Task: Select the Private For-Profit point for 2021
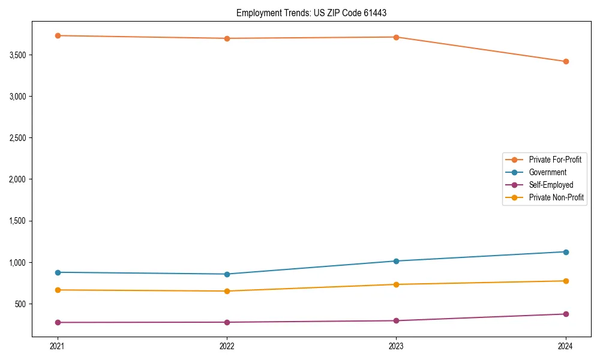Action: pyautogui.click(x=58, y=35)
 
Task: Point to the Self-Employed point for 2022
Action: pyautogui.click(x=227, y=322)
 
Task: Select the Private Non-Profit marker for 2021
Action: pyautogui.click(x=58, y=290)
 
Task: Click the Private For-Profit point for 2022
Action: pyautogui.click(x=227, y=38)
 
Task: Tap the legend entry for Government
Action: pyautogui.click(x=547, y=172)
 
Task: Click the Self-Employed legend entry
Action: pyautogui.click(x=551, y=185)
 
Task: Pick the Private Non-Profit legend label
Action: pyautogui.click(x=556, y=197)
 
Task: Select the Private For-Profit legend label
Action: pyautogui.click(x=555, y=160)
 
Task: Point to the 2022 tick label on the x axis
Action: pyautogui.click(x=227, y=346)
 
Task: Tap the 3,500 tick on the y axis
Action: pyautogui.click(x=17, y=55)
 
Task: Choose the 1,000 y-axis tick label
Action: pyautogui.click(x=17, y=263)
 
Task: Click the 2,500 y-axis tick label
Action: pyautogui.click(x=17, y=138)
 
